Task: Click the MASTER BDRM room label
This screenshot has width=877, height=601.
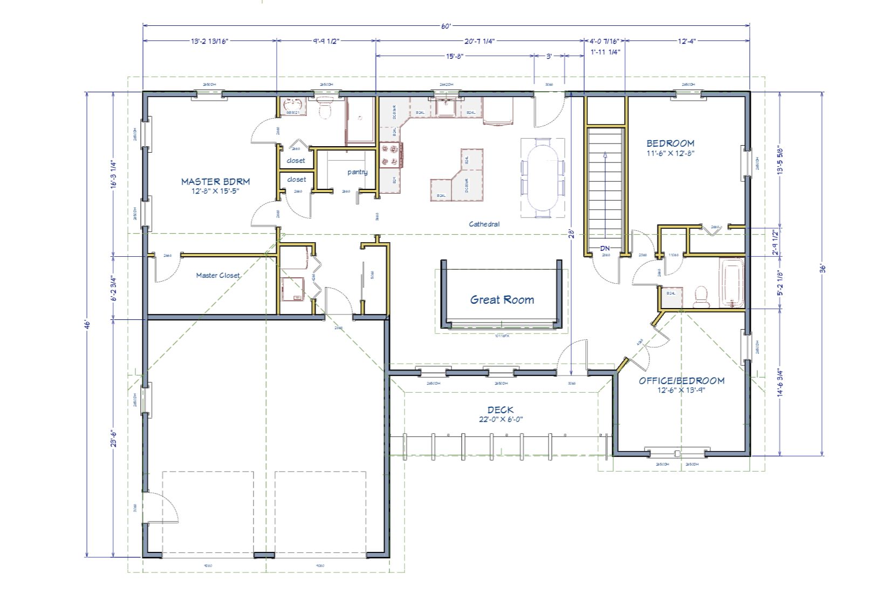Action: click(x=215, y=182)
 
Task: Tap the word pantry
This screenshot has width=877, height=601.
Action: click(x=357, y=172)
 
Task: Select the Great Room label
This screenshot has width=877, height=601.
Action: click(x=502, y=300)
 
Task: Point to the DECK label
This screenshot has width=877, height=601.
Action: click(x=501, y=410)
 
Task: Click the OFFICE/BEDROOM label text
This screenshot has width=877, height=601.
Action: click(x=681, y=381)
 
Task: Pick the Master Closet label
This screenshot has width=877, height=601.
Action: click(x=218, y=276)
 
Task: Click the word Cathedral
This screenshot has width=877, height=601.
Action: click(x=484, y=224)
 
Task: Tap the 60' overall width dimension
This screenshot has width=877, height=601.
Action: click(x=446, y=26)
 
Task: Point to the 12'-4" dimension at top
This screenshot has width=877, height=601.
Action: click(x=687, y=41)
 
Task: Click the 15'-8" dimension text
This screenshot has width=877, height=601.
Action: click(x=455, y=56)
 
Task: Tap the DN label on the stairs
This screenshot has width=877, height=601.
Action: click(x=605, y=249)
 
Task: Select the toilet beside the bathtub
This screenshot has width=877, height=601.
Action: click(x=701, y=296)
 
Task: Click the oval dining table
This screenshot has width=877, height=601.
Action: click(x=543, y=178)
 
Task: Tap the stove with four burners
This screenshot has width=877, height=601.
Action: click(x=391, y=154)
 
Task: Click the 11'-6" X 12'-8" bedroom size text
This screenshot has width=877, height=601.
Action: click(x=670, y=153)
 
